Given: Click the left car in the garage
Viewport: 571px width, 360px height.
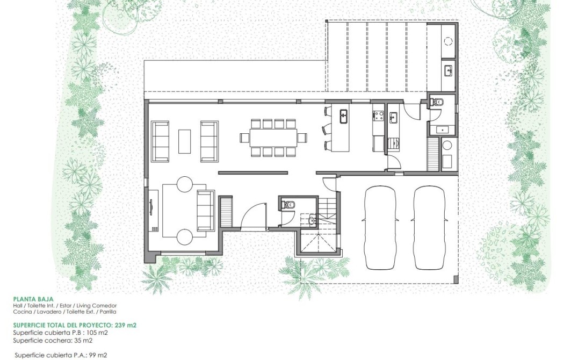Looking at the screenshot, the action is [x=380, y=228].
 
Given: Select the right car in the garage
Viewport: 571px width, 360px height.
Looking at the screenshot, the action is [x=430, y=228].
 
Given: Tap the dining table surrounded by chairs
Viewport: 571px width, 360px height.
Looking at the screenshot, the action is [x=273, y=138].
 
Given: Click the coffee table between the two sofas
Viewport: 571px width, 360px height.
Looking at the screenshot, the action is [x=185, y=141].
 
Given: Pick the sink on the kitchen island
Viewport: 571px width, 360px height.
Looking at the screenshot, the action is [x=344, y=117].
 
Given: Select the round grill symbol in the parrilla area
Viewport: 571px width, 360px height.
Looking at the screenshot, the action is [x=448, y=40].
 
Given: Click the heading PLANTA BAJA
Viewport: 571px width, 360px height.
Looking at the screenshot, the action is [x=33, y=299].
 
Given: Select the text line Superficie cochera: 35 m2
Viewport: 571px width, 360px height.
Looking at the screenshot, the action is [x=53, y=341].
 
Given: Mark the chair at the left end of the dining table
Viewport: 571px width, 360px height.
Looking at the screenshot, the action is [x=244, y=138].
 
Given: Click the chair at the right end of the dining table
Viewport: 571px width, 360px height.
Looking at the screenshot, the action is [x=302, y=138].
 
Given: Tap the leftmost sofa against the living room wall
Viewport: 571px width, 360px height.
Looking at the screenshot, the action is [x=160, y=141].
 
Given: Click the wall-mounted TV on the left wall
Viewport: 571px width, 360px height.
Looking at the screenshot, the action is [x=151, y=208].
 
